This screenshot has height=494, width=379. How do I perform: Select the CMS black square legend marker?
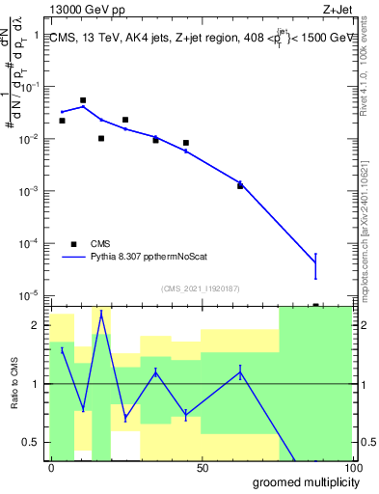[73, 244]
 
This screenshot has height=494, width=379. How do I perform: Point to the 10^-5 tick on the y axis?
[33, 295]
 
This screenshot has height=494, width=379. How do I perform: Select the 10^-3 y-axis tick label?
[33, 191]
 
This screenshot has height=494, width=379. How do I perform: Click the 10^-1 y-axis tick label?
[33, 87]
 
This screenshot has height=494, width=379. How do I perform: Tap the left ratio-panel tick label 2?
[40, 325]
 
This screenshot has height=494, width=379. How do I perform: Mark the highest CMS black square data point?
[83, 100]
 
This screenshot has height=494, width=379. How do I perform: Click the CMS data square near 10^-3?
[240, 184]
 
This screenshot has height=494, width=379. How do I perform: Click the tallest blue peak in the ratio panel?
[101, 313]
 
